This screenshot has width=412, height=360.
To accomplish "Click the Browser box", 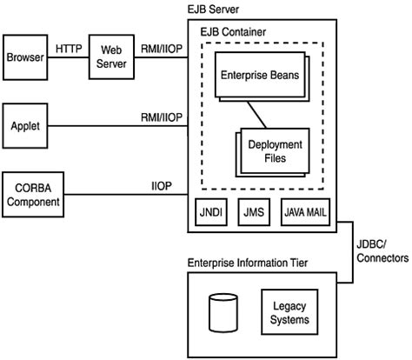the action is [25, 57].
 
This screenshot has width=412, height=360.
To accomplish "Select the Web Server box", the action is [111, 57].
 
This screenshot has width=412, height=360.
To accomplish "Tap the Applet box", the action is [25, 126].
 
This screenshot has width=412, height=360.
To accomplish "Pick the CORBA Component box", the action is [33, 195].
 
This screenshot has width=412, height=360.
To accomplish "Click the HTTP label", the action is [69, 49].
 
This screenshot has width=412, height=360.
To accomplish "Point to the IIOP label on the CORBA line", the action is [162, 186].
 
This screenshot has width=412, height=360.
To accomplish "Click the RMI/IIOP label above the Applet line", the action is [162, 117].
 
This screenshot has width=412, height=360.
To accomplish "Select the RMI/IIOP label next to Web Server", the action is [162, 49].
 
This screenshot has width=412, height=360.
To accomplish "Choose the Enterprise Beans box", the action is [260, 75].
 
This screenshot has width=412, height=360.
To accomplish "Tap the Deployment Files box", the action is [275, 151].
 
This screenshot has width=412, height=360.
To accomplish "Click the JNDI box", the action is [211, 212].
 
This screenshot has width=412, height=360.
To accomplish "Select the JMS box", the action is [254, 212].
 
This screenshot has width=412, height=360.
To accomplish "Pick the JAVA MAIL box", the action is [305, 212].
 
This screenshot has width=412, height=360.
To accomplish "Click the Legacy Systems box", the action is [289, 312].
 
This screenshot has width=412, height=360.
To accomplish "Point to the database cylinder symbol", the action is [223, 313].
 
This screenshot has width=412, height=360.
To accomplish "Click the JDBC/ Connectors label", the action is [382, 251].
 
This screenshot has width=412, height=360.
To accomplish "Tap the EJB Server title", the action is [213, 10].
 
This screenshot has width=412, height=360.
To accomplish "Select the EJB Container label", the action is [233, 32].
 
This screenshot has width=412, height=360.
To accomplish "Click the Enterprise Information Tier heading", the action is [248, 263].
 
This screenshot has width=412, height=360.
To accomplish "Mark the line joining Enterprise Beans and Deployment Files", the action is [256, 115].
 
